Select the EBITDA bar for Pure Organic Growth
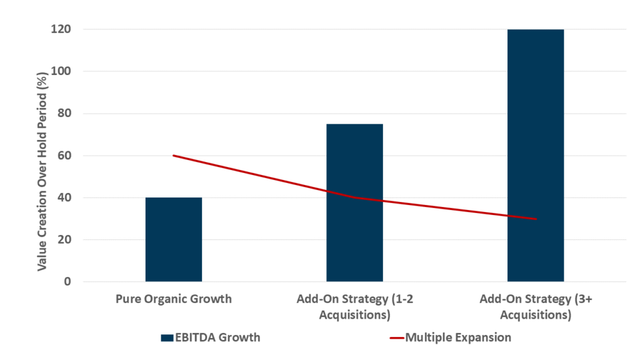[174, 239]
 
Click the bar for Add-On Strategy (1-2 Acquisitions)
[354, 202]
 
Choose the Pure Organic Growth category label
[174, 299]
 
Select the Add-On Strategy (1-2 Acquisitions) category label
[354, 306]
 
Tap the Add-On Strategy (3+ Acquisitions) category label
[536, 306]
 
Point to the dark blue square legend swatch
[166, 338]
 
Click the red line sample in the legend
[396, 338]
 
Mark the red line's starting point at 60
[174, 156]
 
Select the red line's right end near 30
[536, 219]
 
